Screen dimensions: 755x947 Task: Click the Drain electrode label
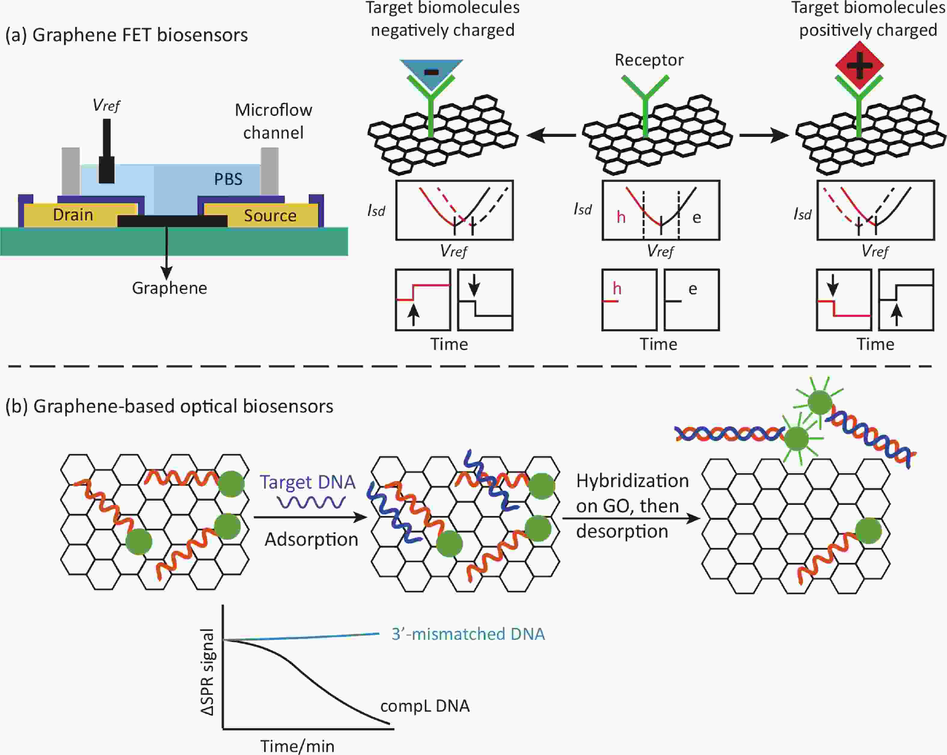pyautogui.click(x=73, y=215)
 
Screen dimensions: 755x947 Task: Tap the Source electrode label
pyautogui.click(x=270, y=215)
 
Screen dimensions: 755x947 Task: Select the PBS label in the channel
pyautogui.click(x=228, y=179)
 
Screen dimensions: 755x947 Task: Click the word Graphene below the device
pyautogui.click(x=170, y=288)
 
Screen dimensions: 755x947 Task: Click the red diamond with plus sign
pyautogui.click(x=859, y=65)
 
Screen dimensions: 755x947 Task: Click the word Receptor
pyautogui.click(x=649, y=60)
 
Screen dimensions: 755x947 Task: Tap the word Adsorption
pyautogui.click(x=311, y=539)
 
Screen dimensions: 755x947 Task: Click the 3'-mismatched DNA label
pyautogui.click(x=468, y=634)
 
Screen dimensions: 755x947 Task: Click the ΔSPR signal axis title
pyautogui.click(x=207, y=672)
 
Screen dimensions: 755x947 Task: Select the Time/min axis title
pyautogui.click(x=297, y=746)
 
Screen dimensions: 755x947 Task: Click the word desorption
pyautogui.click(x=622, y=531)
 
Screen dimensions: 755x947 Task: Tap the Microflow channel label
pyautogui.click(x=273, y=121)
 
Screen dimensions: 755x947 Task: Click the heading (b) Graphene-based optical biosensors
pyautogui.click(x=169, y=406)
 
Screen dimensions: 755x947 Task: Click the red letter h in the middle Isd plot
pyautogui.click(x=621, y=217)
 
